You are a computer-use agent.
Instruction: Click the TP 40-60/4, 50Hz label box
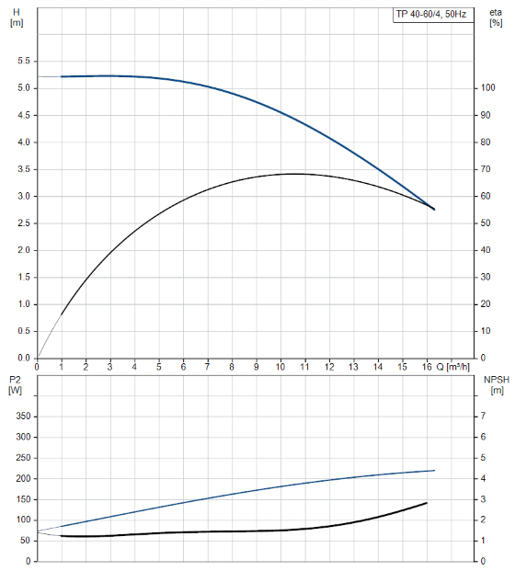[x=433, y=15]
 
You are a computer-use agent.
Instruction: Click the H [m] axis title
[x=17, y=17]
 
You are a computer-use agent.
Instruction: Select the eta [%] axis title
[x=496, y=17]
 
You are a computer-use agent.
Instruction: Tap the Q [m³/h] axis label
[x=452, y=367]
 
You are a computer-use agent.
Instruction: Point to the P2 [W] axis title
[x=15, y=385]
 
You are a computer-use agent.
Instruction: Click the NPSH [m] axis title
[x=497, y=385]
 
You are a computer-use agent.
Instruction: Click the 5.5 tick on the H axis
[x=24, y=61]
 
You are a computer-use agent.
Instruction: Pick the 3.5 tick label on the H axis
[x=24, y=169]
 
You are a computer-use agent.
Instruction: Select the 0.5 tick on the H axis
[x=24, y=331]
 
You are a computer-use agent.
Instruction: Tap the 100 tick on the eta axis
[x=487, y=87]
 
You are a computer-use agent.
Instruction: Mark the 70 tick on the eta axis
[x=486, y=169]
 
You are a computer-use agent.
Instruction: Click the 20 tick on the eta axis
[x=486, y=303]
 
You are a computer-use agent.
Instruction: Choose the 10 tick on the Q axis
[x=280, y=367]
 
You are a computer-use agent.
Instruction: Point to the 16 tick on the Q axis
[x=427, y=367]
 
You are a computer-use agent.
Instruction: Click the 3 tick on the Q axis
[x=109, y=367]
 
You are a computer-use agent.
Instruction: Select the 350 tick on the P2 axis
[x=23, y=417]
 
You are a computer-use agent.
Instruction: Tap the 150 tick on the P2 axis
[x=23, y=499]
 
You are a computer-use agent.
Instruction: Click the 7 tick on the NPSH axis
[x=483, y=416]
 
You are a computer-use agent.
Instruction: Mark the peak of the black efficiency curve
[x=296, y=174]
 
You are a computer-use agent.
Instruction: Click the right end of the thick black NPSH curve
[x=427, y=503]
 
